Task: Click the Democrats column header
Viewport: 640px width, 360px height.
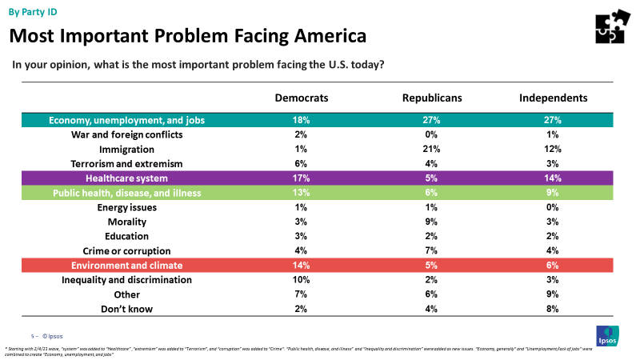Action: pos(302,98)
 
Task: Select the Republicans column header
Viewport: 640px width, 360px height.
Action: pos(432,98)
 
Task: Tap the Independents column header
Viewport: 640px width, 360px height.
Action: pos(554,98)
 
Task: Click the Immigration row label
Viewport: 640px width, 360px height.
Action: pos(126,149)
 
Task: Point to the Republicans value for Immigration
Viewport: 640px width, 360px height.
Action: pos(432,149)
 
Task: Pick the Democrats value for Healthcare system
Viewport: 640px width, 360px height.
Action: pos(302,178)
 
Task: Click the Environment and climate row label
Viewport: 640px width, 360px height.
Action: pos(126,265)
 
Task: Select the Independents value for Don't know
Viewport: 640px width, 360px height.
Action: pos(554,309)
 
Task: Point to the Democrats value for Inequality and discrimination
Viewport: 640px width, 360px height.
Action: pos(302,280)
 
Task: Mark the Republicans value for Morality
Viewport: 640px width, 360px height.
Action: pos(432,222)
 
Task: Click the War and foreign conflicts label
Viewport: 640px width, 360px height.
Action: pos(126,134)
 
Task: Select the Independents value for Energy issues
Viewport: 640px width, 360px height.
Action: pos(554,207)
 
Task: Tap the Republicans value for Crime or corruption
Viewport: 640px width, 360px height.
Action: pos(432,250)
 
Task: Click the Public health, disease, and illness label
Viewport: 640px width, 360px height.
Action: pos(126,193)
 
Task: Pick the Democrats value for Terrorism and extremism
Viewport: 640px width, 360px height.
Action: pos(302,163)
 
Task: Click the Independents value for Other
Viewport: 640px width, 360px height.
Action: pos(554,294)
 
